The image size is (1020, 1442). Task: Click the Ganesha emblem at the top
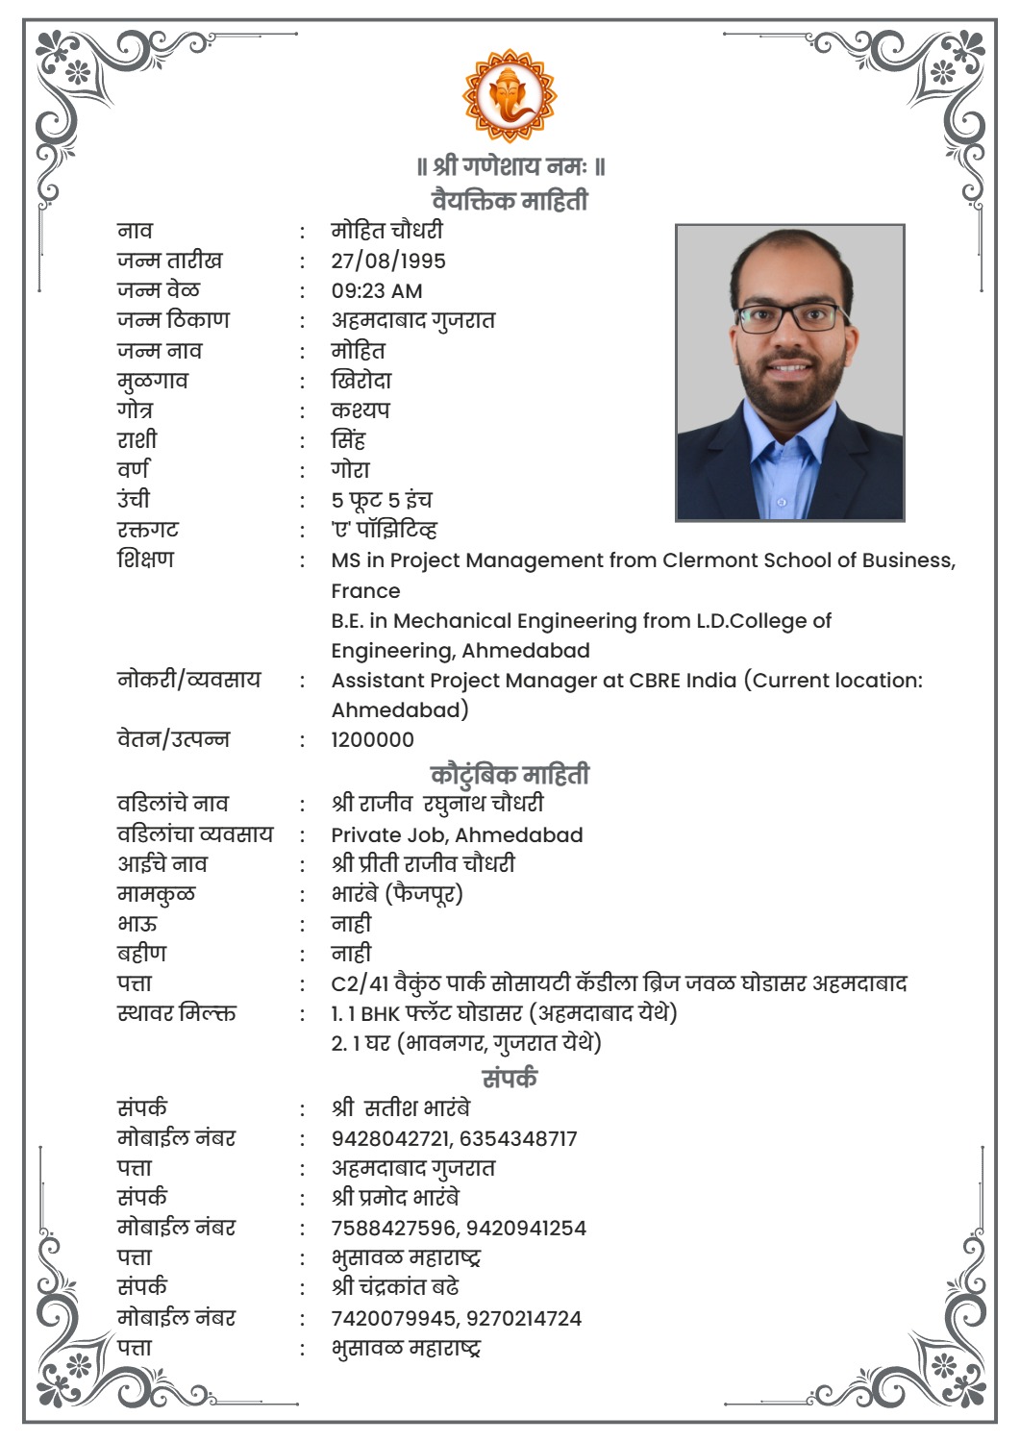coord(510,95)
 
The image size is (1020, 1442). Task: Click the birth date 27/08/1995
coord(388,261)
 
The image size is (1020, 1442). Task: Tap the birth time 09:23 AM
coord(377,290)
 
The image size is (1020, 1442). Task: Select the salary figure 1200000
coord(373,740)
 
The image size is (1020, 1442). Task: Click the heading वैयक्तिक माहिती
coord(510,200)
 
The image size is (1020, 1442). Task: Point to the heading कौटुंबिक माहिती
coord(510,774)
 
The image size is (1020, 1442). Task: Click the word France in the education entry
coord(365,591)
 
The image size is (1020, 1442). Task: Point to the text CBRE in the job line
coord(655,681)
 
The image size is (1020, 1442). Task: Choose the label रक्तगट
coord(148,530)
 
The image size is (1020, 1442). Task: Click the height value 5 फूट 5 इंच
coord(382,500)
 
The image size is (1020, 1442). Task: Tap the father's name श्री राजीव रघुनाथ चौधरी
coord(437,804)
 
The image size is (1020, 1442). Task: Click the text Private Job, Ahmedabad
coord(457,834)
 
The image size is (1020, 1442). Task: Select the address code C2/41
coord(360,983)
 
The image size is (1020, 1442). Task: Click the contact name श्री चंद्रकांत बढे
coord(395,1287)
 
